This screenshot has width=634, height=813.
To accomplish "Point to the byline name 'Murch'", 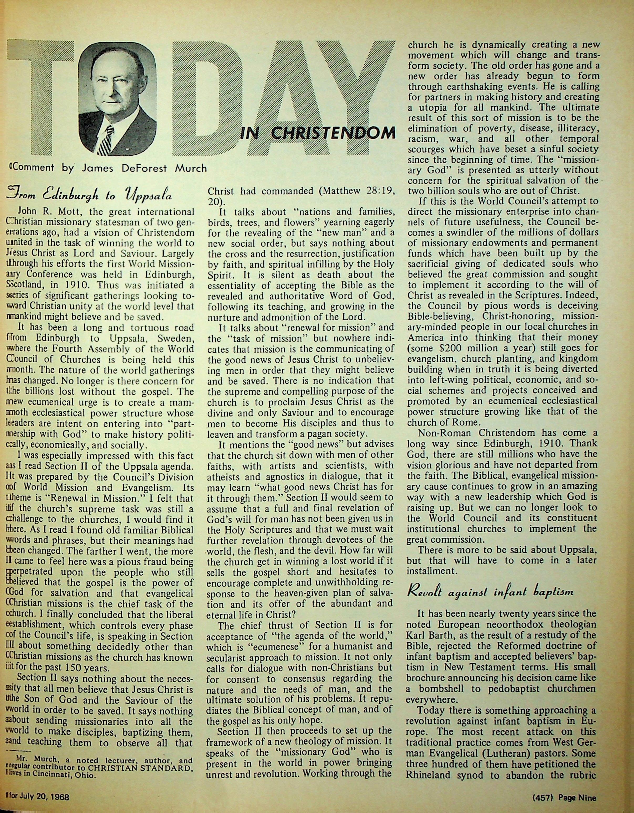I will (191, 168).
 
